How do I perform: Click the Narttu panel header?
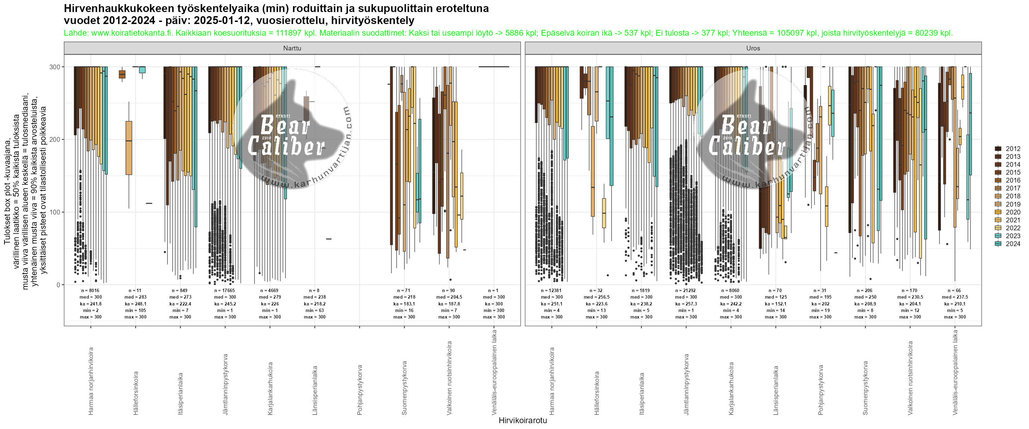(292, 48)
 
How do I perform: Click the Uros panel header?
(753, 48)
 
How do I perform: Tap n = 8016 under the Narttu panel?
(91, 291)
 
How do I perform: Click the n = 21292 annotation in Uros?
(686, 291)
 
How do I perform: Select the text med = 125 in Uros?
(776, 297)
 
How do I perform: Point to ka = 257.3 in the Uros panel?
(686, 304)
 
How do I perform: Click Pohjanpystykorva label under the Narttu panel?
(360, 384)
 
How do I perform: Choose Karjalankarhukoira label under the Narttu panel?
(270, 388)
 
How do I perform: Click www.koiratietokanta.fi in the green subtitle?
(132, 33)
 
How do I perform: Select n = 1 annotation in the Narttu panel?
(494, 291)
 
